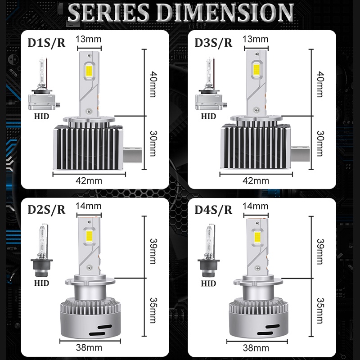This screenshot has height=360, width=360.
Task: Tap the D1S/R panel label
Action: (46, 43)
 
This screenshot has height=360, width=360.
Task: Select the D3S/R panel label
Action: (213, 43)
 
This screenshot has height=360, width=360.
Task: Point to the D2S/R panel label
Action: (46, 210)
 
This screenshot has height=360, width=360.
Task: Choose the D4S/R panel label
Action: (213, 210)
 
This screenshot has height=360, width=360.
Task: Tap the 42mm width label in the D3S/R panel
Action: (255, 180)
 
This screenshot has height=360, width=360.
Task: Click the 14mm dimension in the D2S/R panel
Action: (88, 206)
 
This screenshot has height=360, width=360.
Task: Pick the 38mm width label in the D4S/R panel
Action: (255, 348)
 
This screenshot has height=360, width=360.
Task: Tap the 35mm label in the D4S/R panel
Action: (320, 311)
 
